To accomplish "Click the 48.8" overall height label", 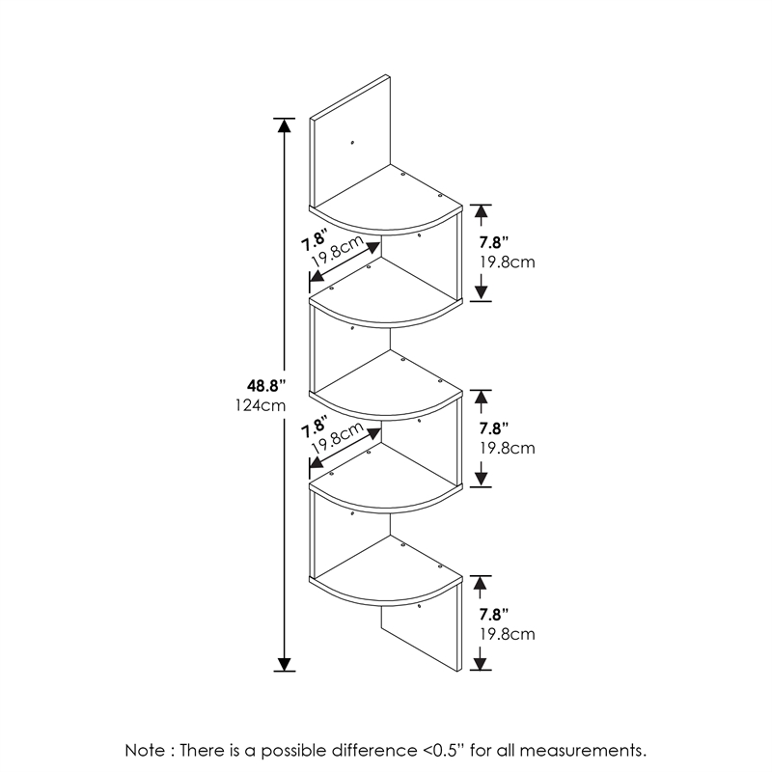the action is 266,385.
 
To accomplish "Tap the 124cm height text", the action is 261,405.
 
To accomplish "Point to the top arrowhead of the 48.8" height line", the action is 284,125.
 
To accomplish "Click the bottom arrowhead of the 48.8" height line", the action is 284,664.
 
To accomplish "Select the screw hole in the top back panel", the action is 352,143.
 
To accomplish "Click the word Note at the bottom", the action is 146,751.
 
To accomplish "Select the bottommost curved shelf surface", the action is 388,575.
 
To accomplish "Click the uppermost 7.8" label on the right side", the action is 494,242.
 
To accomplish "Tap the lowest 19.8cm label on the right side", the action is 508,634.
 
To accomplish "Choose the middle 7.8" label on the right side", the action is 494,428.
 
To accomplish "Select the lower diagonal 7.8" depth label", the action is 315,427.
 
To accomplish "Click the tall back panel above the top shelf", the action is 350,143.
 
